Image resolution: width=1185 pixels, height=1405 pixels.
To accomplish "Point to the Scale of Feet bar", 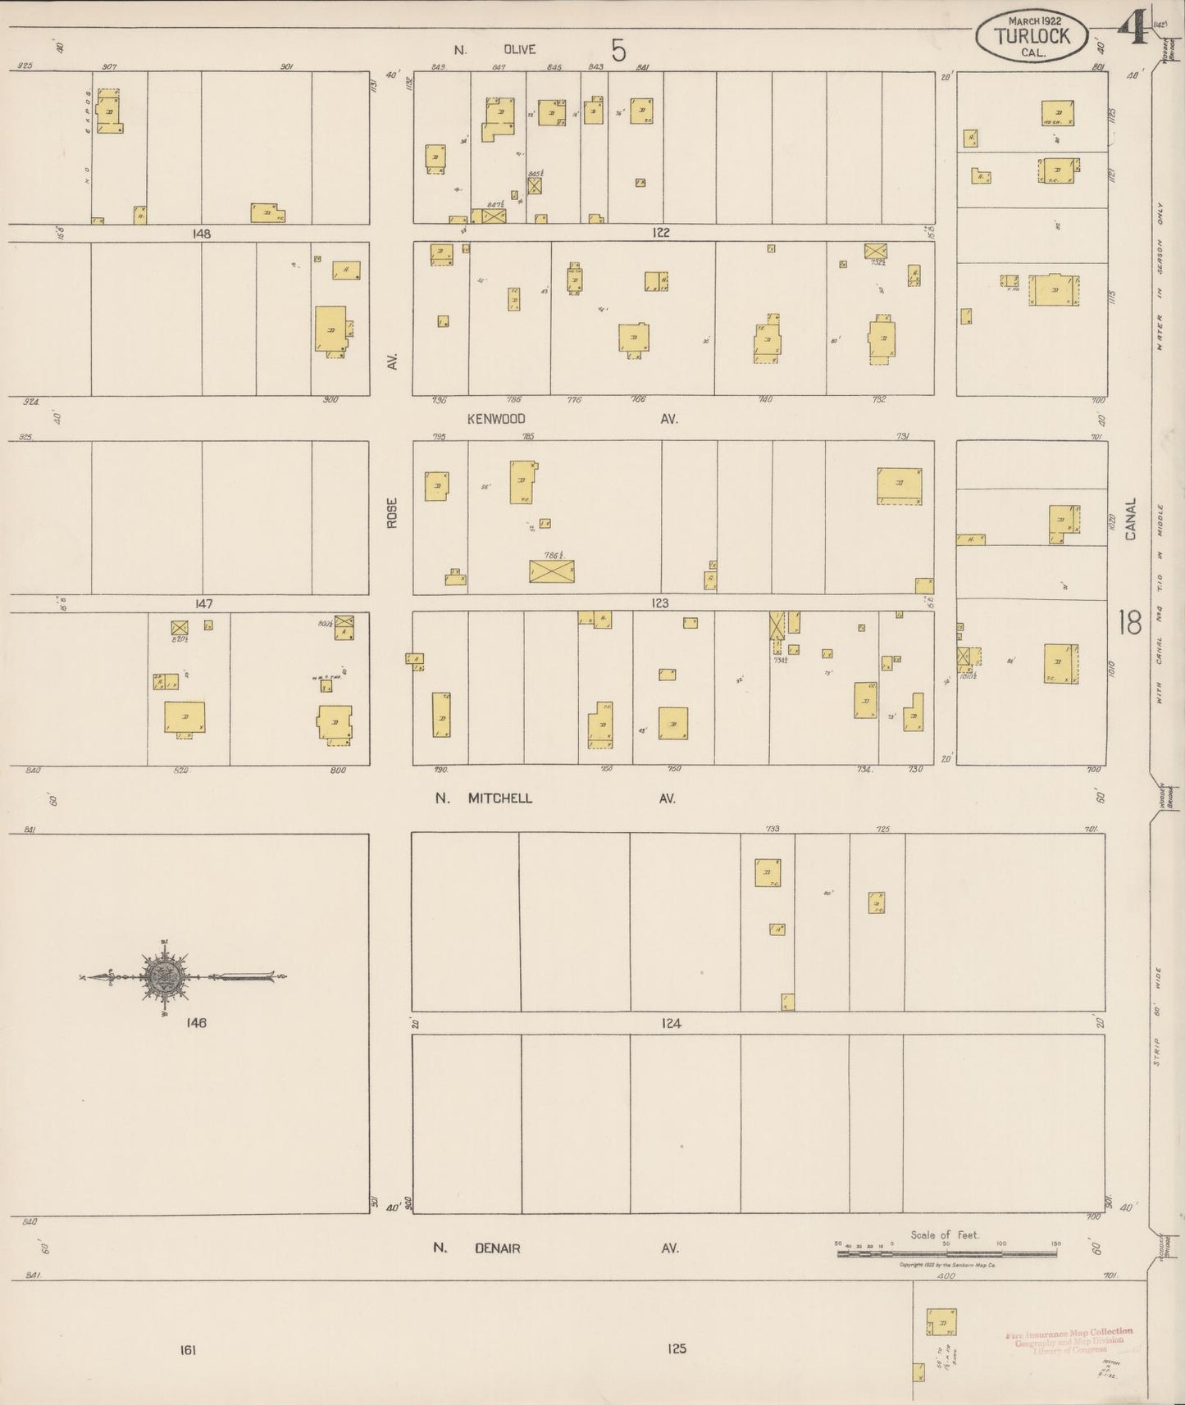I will [947, 1253].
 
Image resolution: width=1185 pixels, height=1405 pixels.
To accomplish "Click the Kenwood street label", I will [496, 418].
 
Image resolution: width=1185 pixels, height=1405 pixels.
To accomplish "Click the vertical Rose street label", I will [392, 512].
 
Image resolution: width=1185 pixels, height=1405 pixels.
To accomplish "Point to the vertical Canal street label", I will [1131, 519].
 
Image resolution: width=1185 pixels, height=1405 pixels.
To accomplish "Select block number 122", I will [661, 233].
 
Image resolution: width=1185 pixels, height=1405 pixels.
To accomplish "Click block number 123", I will [659, 603].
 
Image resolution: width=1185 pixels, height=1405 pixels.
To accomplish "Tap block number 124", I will [671, 1023].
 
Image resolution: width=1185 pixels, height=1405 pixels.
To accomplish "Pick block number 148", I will [201, 234].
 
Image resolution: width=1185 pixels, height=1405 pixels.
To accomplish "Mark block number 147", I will [203, 604].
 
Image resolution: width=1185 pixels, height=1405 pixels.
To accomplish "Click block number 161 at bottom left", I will [188, 1350].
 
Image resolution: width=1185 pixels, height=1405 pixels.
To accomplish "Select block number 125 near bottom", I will [676, 1348].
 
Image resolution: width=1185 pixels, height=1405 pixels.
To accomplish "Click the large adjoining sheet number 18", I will [1129, 623].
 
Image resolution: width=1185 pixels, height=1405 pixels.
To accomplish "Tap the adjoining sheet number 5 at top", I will [618, 51].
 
